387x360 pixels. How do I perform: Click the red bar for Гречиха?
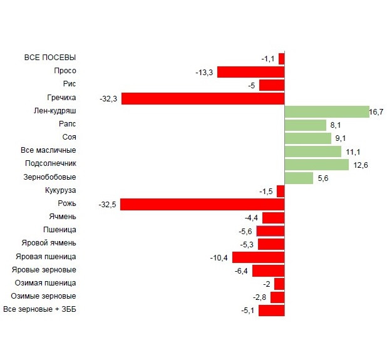(x=203, y=98)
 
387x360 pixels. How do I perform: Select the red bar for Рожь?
(x=202, y=204)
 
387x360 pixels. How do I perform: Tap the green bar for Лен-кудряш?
(x=326, y=111)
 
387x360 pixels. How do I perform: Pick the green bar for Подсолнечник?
(x=316, y=165)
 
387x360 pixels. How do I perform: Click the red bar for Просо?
(x=250, y=72)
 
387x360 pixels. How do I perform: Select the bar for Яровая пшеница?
(x=258, y=257)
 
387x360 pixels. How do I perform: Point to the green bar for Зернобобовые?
(x=299, y=178)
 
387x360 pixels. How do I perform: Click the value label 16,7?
(x=376, y=112)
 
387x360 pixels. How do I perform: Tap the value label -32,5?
(x=108, y=204)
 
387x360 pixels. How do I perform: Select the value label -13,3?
(x=204, y=73)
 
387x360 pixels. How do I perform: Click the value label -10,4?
(x=220, y=257)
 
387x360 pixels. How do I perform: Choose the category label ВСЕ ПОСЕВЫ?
(x=50, y=58)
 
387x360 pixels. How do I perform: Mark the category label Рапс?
(x=66, y=124)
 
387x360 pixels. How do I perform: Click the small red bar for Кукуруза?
(x=281, y=191)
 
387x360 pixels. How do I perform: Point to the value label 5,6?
(x=324, y=178)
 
